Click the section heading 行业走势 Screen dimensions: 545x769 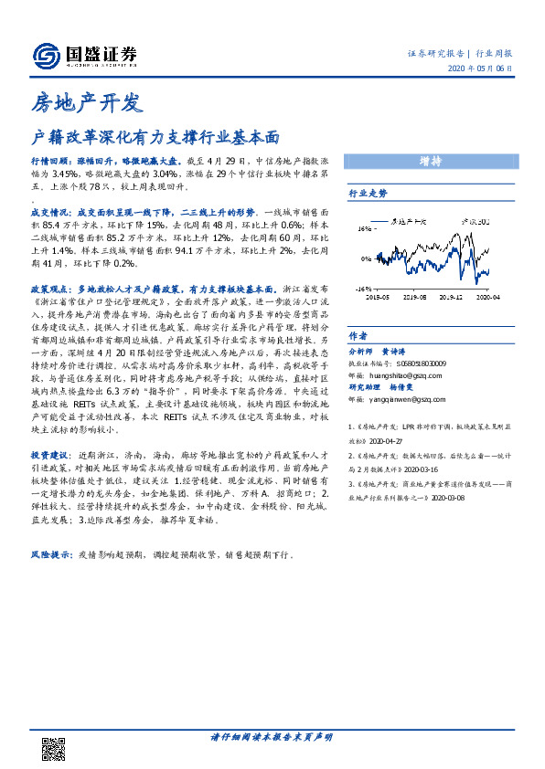(369, 194)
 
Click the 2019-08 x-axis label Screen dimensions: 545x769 (415, 296)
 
